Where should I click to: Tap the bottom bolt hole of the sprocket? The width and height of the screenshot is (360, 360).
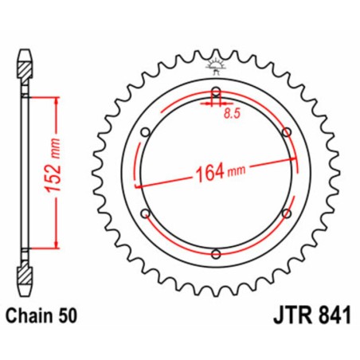[x=213, y=254]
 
